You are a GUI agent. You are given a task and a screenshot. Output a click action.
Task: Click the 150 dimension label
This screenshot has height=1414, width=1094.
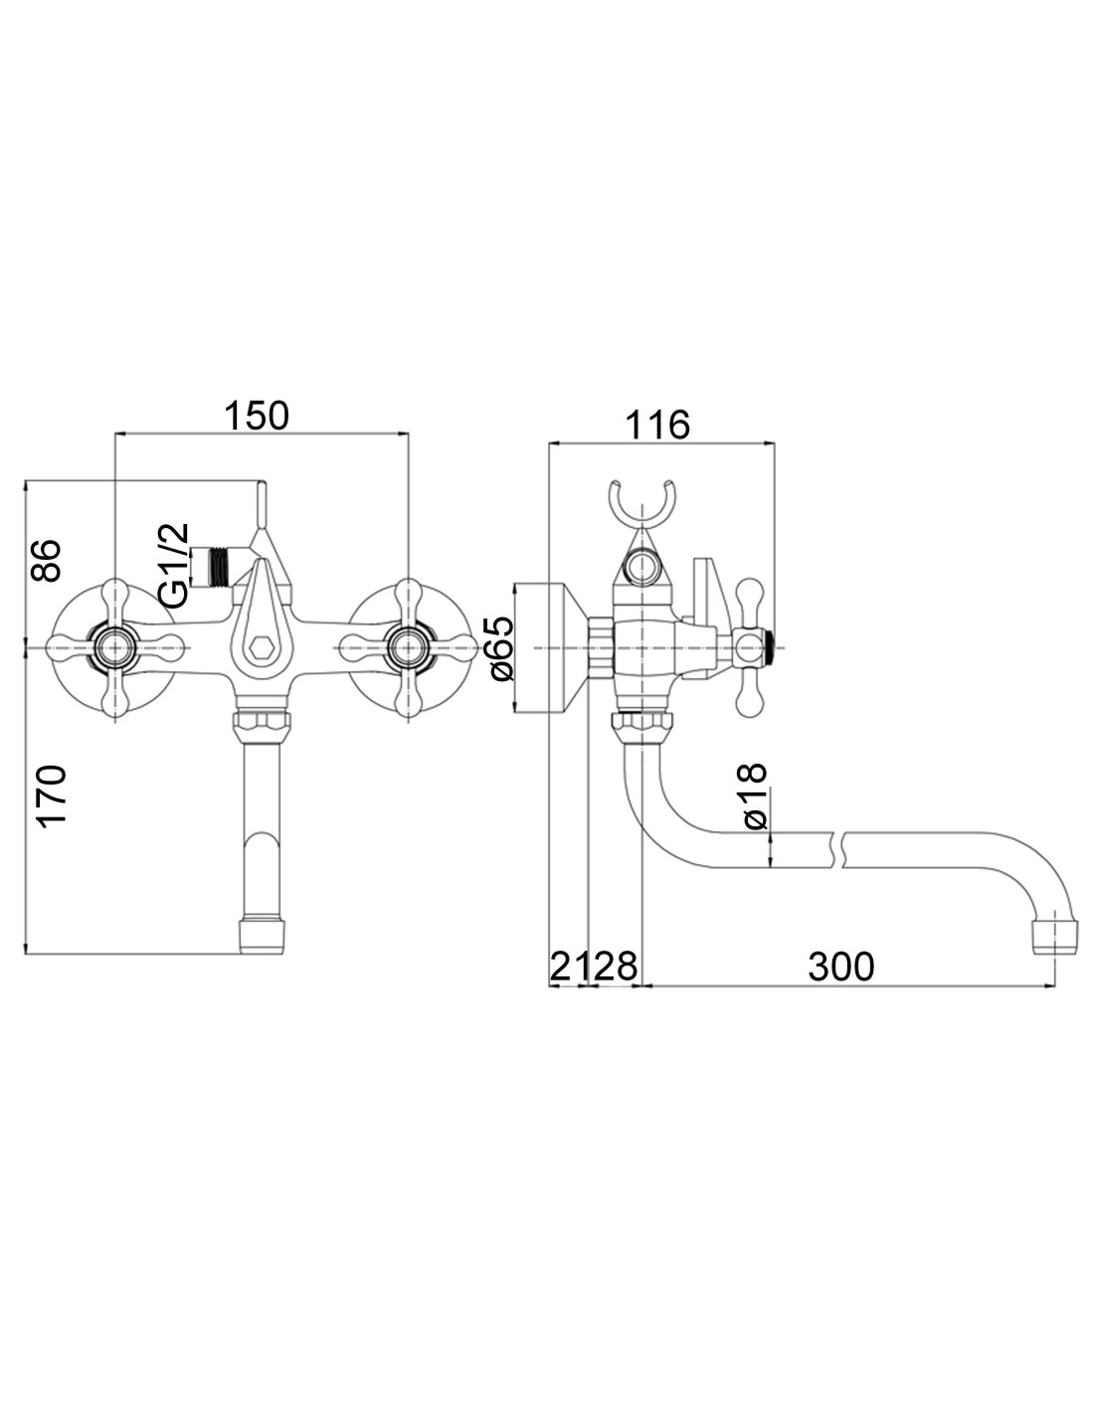pyautogui.click(x=257, y=416)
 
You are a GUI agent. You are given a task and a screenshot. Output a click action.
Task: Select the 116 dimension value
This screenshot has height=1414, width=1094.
pyautogui.click(x=656, y=426)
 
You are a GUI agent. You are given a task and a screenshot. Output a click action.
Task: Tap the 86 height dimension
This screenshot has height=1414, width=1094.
pyautogui.click(x=46, y=560)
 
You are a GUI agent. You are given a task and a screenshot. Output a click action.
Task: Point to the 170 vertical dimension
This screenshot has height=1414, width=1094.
pyautogui.click(x=52, y=796)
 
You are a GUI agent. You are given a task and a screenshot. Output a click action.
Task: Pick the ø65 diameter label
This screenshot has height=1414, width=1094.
pyautogui.click(x=503, y=648)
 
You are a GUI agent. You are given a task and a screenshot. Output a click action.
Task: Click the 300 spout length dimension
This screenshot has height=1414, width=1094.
pyautogui.click(x=840, y=967)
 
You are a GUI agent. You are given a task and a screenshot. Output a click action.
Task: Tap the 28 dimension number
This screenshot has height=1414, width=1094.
pyautogui.click(x=616, y=967)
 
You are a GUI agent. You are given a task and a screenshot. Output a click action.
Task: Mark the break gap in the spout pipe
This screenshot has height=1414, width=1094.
pyautogui.click(x=838, y=850)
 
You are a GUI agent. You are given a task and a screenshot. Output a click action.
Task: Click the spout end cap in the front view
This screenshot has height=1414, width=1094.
pyautogui.click(x=262, y=936)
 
